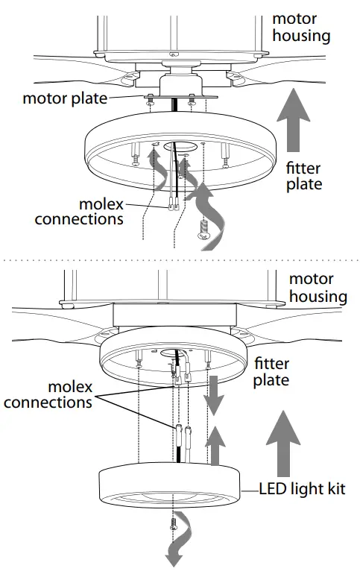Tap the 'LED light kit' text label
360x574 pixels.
[303, 490]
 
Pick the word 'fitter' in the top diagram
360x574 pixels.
[305, 168]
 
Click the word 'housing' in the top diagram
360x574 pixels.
[301, 34]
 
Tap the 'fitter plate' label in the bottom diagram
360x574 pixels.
[277, 371]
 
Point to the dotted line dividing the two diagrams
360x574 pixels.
[180, 260]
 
